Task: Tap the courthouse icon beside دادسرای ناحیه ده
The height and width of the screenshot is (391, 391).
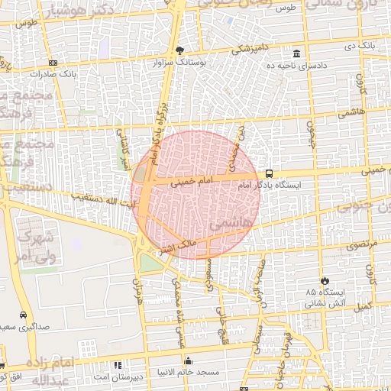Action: [x=296, y=53]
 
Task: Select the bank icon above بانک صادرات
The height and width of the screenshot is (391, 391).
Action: [x=52, y=63]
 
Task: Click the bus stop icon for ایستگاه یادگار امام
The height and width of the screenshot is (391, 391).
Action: [x=268, y=173]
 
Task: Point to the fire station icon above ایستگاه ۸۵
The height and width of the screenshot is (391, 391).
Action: [x=325, y=280]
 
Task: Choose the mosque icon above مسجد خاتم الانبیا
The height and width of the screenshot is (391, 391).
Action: [x=189, y=360]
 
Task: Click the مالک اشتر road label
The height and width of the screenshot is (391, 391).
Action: [x=176, y=246]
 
